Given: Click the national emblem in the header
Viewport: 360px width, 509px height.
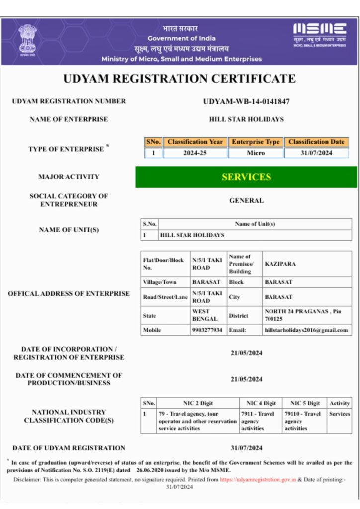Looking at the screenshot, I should (28, 40).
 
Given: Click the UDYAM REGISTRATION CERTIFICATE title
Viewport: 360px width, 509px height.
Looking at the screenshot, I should (180, 78).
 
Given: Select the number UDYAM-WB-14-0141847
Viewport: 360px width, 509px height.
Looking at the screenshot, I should (247, 101).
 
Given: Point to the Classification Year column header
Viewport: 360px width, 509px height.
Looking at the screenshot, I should (195, 142).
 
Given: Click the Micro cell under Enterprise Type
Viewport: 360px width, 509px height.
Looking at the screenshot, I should (256, 153).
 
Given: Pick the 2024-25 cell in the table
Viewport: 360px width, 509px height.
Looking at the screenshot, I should (195, 153).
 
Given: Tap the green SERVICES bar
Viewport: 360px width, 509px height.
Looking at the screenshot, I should (246, 177).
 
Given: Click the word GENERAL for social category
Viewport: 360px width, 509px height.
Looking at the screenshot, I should (246, 200).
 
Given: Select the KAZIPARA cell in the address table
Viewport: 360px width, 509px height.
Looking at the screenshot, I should (280, 264).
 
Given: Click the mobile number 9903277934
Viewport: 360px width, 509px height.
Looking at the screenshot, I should (207, 330).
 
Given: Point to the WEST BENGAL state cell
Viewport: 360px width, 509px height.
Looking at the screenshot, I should (204, 315).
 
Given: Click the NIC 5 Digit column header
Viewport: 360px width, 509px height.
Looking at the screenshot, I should (305, 403).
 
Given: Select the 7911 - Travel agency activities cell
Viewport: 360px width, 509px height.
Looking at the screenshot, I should (258, 421).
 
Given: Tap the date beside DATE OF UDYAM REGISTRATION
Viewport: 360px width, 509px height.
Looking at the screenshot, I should (246, 448).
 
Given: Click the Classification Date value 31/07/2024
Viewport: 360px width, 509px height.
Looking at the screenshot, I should (316, 153).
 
